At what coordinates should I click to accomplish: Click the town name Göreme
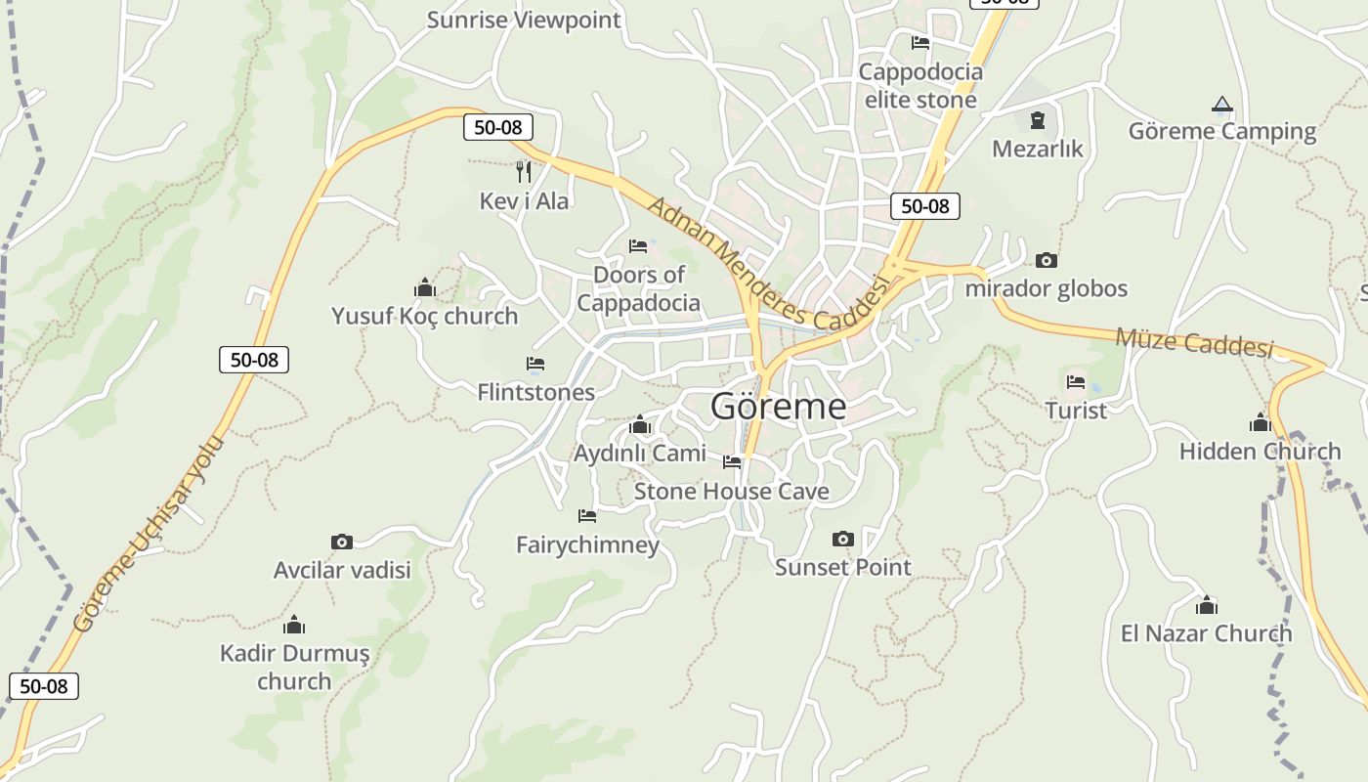pyautogui.click(x=778, y=406)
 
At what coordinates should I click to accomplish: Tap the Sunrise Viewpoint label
pyautogui.click(x=524, y=20)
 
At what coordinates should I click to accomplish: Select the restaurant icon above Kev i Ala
pyautogui.click(x=524, y=172)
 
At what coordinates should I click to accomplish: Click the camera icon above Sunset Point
pyautogui.click(x=842, y=539)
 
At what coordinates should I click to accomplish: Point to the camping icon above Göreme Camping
pyautogui.click(x=1221, y=104)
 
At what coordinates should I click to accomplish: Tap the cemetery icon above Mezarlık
pyautogui.click(x=1037, y=120)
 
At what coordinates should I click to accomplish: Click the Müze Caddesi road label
pyautogui.click(x=1194, y=342)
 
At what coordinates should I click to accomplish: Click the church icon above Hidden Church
pyautogui.click(x=1260, y=423)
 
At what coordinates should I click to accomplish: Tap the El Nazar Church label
pyautogui.click(x=1206, y=633)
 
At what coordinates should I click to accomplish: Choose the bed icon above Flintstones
pyautogui.click(x=534, y=364)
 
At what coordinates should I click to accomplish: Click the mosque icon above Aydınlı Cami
pyautogui.click(x=640, y=424)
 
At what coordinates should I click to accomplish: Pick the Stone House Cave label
pyautogui.click(x=731, y=491)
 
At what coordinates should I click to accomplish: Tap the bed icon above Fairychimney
pyautogui.click(x=586, y=515)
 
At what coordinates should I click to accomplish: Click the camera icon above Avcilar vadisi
pyautogui.click(x=341, y=542)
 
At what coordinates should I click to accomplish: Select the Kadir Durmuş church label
pyautogui.click(x=294, y=667)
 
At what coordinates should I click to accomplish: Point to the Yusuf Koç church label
pyautogui.click(x=424, y=317)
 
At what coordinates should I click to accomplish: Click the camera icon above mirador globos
pyautogui.click(x=1046, y=260)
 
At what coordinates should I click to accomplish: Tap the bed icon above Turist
pyautogui.click(x=1076, y=381)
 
